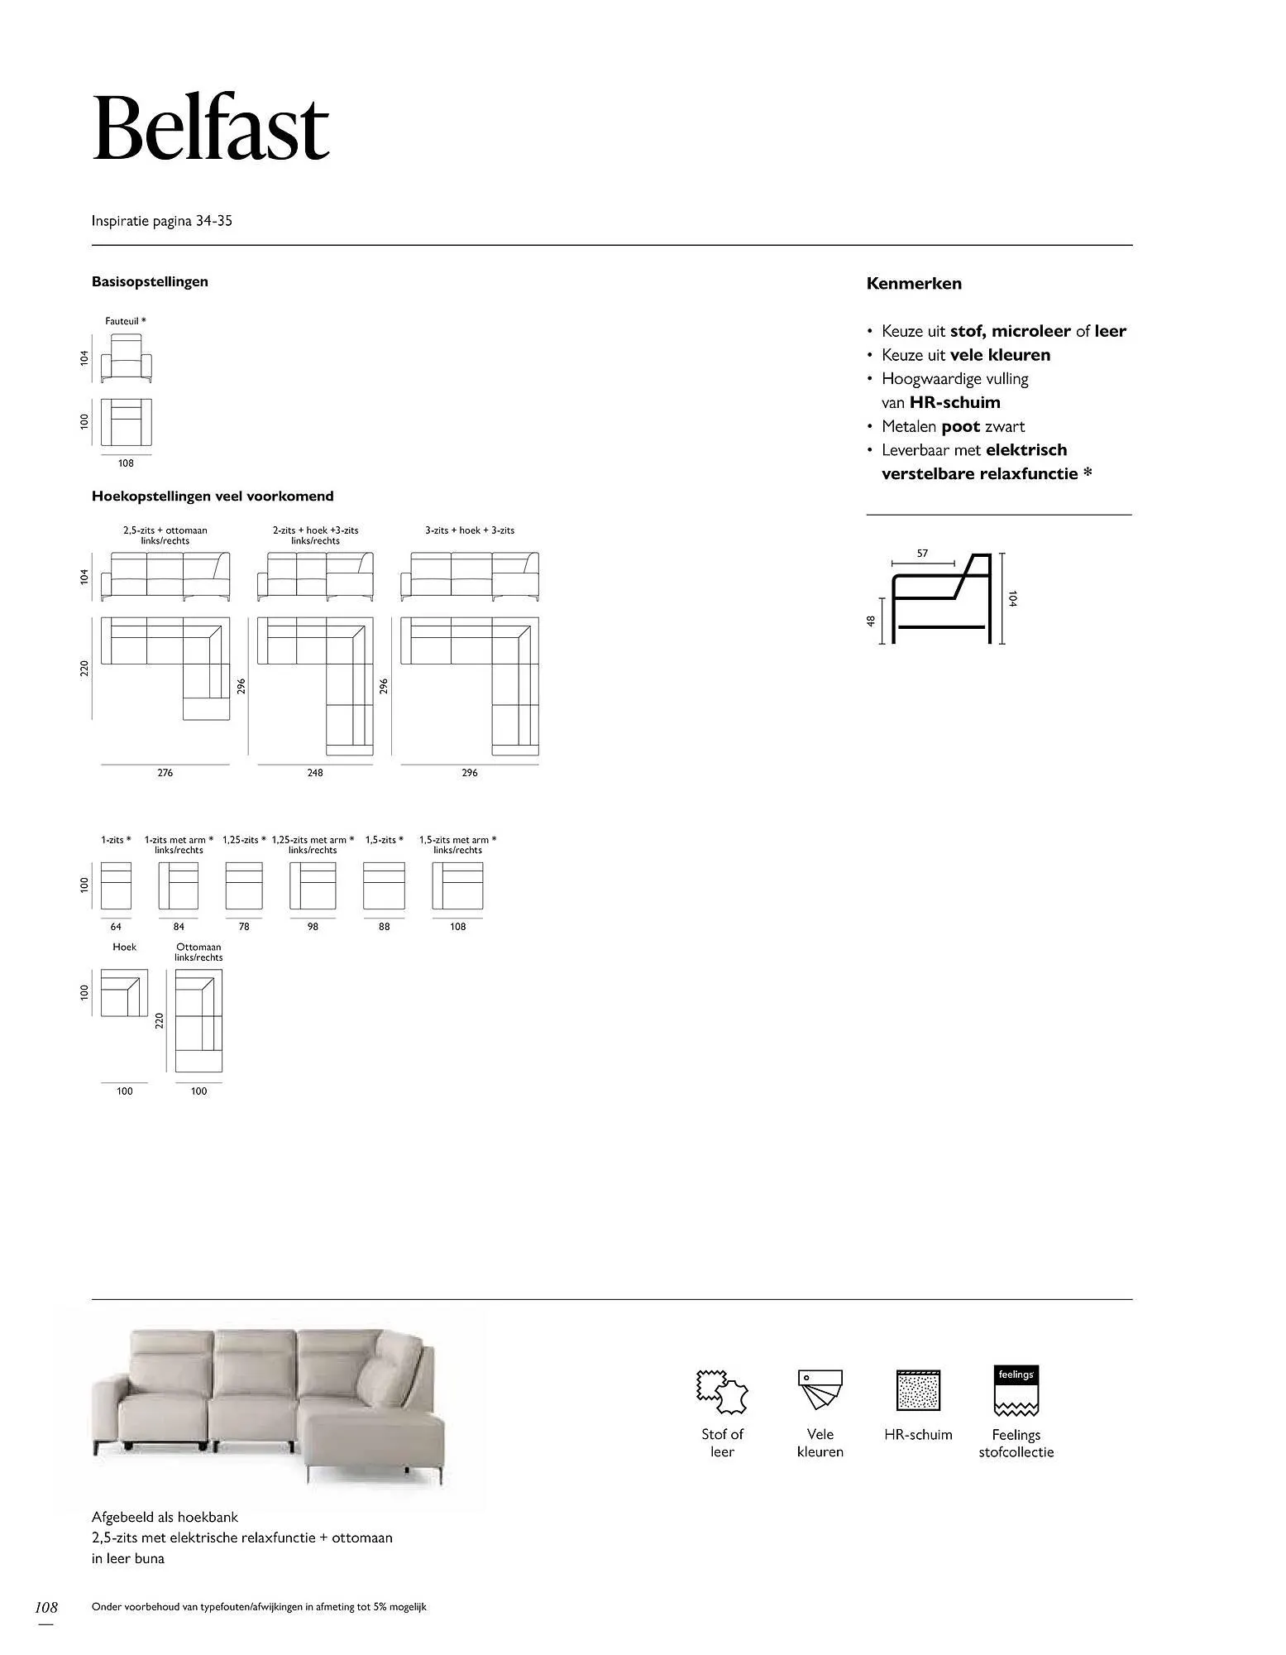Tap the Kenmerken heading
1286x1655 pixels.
click(914, 284)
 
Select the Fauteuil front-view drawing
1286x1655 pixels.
click(127, 357)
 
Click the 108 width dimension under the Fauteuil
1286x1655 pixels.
click(126, 463)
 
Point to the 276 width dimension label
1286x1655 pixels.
click(165, 773)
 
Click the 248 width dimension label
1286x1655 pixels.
click(315, 773)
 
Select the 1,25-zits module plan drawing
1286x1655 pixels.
click(244, 886)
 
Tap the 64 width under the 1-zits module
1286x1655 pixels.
click(116, 927)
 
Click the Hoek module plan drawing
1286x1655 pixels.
click(124, 993)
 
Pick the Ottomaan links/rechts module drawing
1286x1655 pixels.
click(198, 1020)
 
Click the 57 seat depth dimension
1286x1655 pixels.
click(922, 554)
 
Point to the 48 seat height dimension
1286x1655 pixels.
click(871, 621)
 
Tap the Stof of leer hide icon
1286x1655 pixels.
click(722, 1392)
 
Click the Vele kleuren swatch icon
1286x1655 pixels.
click(820, 1390)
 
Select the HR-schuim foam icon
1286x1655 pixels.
click(918, 1390)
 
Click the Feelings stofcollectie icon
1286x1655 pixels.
click(1016, 1390)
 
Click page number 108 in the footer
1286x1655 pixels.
click(46, 1608)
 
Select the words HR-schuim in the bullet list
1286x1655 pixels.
click(954, 403)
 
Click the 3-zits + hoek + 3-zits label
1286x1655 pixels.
click(470, 530)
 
